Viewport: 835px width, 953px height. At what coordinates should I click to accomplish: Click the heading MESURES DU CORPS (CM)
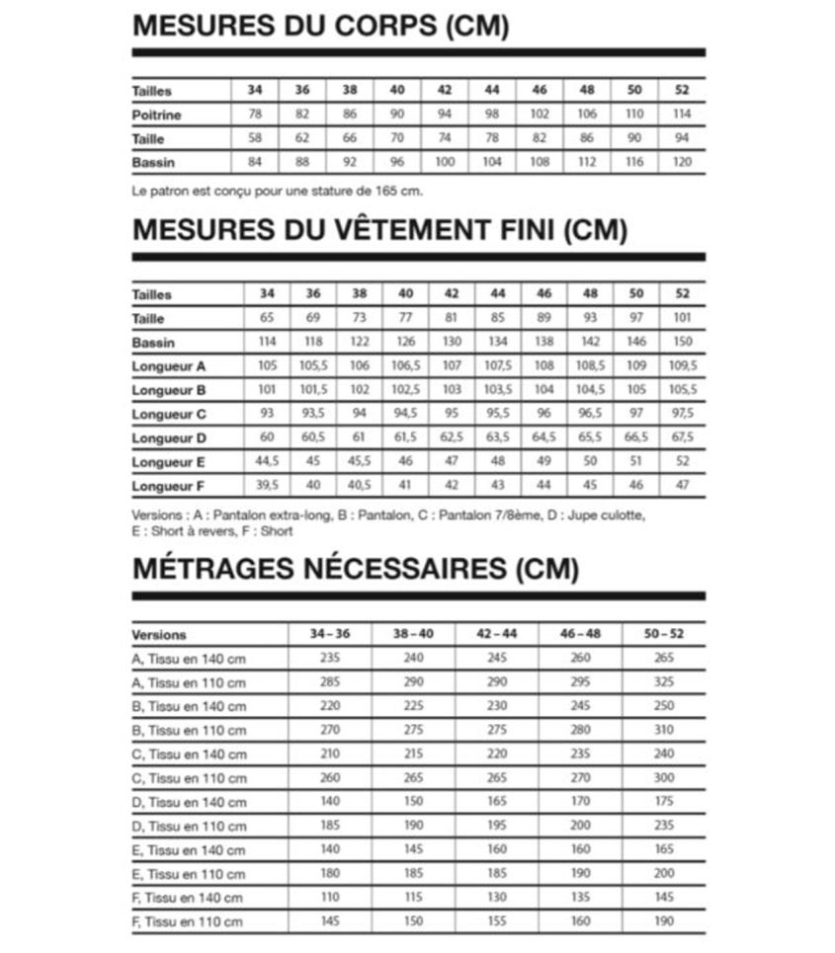point(320,26)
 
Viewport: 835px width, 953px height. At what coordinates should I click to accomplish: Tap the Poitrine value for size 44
point(492,115)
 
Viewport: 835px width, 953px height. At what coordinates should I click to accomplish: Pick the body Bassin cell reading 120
point(682,162)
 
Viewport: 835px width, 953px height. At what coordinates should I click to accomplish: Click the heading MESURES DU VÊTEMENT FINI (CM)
point(379,230)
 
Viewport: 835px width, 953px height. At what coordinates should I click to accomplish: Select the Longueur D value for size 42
point(452,437)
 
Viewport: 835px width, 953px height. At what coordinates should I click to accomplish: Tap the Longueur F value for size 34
point(267,485)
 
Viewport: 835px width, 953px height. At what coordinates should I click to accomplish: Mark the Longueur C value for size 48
point(590,414)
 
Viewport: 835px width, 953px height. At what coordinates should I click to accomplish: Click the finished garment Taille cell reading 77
point(405,319)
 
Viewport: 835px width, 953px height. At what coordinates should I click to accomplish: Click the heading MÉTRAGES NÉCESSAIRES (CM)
point(355,569)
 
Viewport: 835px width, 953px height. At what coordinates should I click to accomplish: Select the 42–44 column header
point(496,634)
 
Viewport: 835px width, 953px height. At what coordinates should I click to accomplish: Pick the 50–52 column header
point(663,634)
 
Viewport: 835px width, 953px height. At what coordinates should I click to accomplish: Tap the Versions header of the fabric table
point(159,635)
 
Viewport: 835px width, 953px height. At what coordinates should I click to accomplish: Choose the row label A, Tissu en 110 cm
point(189,683)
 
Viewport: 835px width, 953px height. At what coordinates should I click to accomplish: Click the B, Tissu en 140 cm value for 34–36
point(330,707)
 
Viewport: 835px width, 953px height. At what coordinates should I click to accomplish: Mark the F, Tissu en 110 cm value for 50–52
point(663,921)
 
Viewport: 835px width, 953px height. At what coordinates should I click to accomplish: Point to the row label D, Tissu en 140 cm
point(189,803)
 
